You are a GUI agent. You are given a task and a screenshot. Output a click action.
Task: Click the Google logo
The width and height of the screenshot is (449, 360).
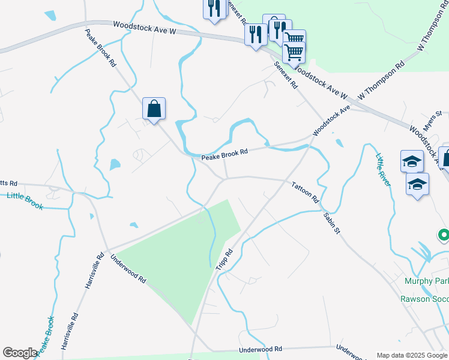(20, 353)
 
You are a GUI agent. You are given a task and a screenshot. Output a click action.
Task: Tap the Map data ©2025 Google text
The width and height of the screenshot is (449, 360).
(412, 355)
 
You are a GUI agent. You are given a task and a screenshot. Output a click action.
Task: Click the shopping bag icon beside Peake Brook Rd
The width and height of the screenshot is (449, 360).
(154, 109)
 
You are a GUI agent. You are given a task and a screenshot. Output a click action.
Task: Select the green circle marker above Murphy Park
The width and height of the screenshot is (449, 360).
(444, 235)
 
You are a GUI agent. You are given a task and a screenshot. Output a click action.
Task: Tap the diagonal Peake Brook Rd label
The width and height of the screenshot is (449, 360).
(100, 48)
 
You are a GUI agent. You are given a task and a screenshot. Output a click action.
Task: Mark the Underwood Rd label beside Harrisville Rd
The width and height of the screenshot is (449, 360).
(128, 269)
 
